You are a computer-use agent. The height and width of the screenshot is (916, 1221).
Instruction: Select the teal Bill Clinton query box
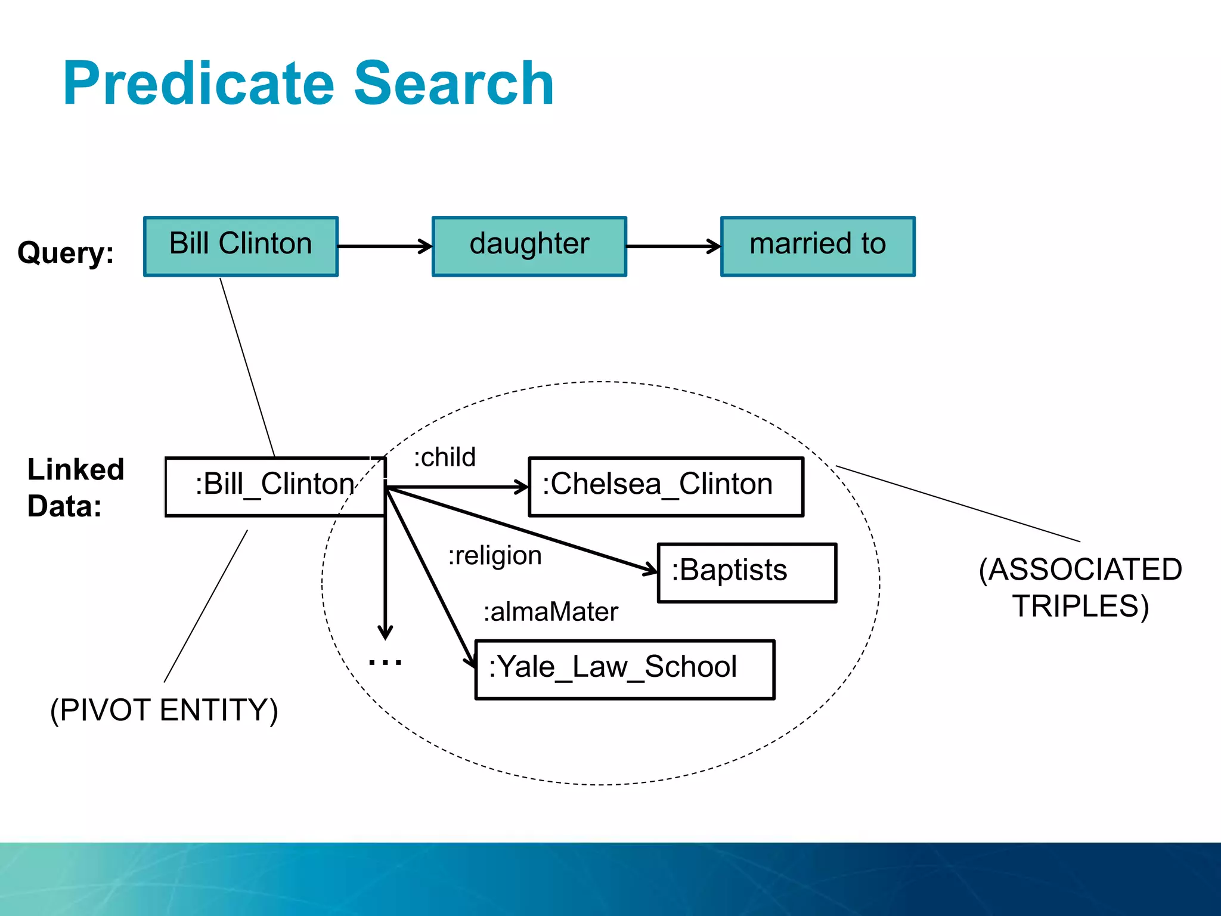241,246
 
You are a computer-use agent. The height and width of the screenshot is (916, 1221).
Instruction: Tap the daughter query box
529,246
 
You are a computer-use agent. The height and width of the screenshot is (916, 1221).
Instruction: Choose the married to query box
817,246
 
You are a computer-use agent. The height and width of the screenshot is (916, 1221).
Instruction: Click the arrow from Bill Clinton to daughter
385,246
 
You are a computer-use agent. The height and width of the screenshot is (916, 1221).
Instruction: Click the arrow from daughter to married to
673,246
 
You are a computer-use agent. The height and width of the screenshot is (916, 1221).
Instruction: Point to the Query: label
66,252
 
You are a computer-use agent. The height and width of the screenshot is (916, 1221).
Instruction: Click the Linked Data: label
75,487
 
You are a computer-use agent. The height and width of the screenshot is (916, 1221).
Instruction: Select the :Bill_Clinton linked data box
274,486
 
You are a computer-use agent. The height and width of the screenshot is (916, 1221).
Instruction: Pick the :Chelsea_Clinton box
666,486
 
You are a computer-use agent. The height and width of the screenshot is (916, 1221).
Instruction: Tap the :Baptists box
746,572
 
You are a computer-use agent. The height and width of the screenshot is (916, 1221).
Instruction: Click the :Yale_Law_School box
624,669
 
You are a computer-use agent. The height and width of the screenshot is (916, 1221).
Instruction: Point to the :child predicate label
445,457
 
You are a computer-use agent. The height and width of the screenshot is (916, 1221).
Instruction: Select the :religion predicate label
495,556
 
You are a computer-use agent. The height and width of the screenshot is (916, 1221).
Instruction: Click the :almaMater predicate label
550,612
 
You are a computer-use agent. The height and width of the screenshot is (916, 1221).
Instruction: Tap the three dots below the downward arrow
385,662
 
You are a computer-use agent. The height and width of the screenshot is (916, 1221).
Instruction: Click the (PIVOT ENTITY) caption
164,710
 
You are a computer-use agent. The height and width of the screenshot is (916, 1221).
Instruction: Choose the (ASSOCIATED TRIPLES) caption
1080,587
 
